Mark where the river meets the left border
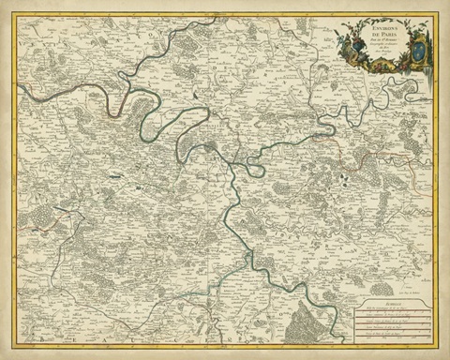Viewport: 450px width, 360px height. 17,87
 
